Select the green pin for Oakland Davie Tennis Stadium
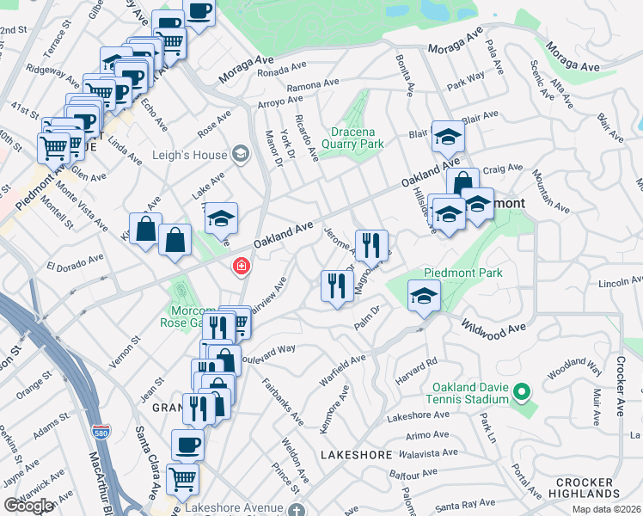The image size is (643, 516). (521, 393)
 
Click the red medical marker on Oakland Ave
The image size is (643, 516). (242, 267)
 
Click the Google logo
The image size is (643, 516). (28, 506)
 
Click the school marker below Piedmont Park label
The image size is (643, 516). (423, 296)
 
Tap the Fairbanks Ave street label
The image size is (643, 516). (282, 402)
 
